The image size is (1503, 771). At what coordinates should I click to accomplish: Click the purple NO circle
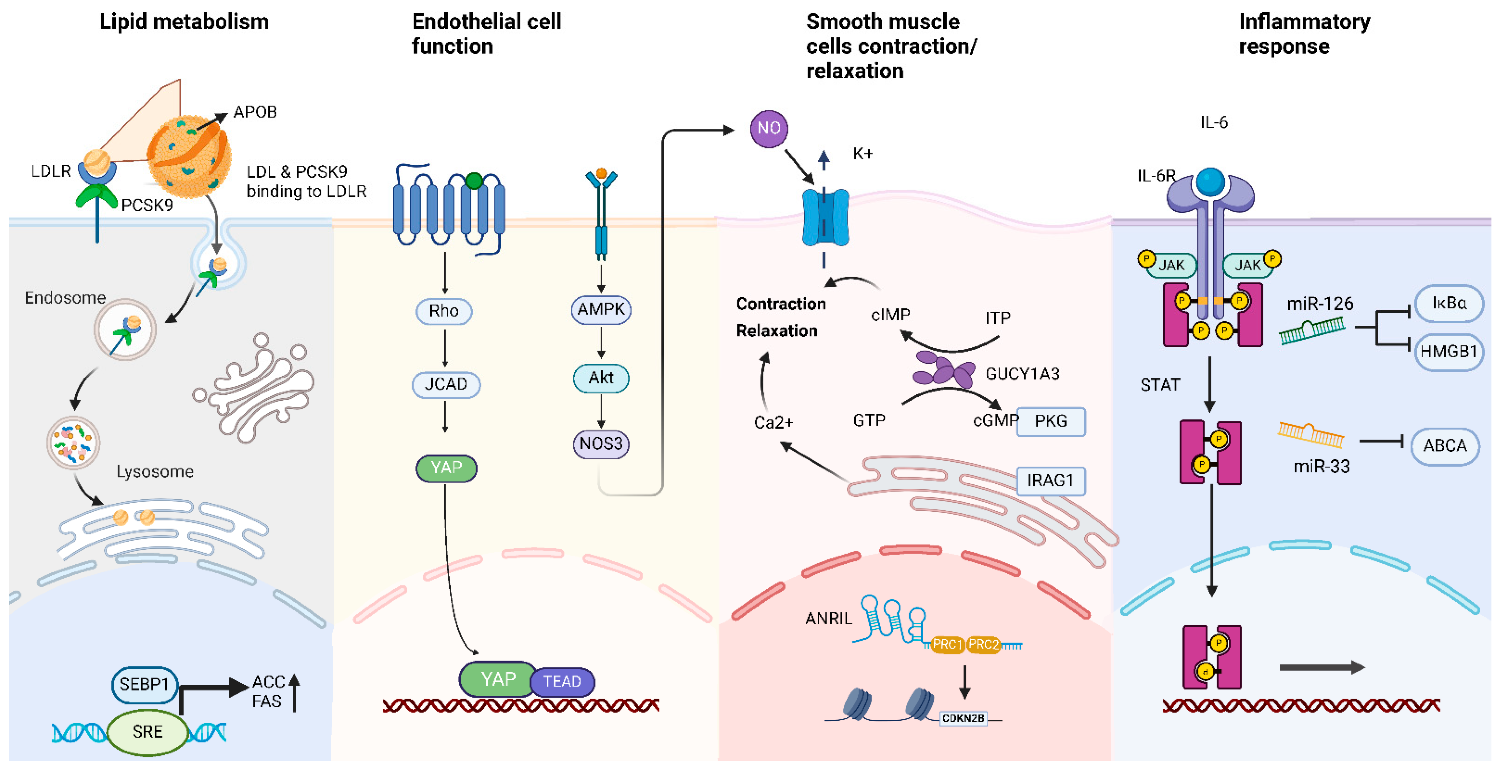[768, 128]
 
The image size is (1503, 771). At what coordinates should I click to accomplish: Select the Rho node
[444, 311]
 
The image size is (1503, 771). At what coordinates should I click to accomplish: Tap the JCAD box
[446, 384]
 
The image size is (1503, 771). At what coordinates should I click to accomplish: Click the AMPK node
[601, 309]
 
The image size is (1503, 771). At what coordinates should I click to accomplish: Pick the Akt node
[601, 378]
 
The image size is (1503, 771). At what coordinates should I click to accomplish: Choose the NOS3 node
[601, 444]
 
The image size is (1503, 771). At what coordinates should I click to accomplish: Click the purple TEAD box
[562, 681]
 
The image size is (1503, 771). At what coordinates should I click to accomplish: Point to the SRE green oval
[148, 732]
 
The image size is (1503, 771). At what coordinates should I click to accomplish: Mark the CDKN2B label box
[963, 718]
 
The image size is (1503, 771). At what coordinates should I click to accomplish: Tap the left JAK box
[1171, 265]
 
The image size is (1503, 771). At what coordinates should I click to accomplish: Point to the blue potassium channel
[825, 217]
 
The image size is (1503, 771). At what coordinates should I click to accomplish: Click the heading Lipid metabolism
[184, 22]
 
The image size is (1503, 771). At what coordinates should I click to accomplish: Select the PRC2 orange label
[984, 644]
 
